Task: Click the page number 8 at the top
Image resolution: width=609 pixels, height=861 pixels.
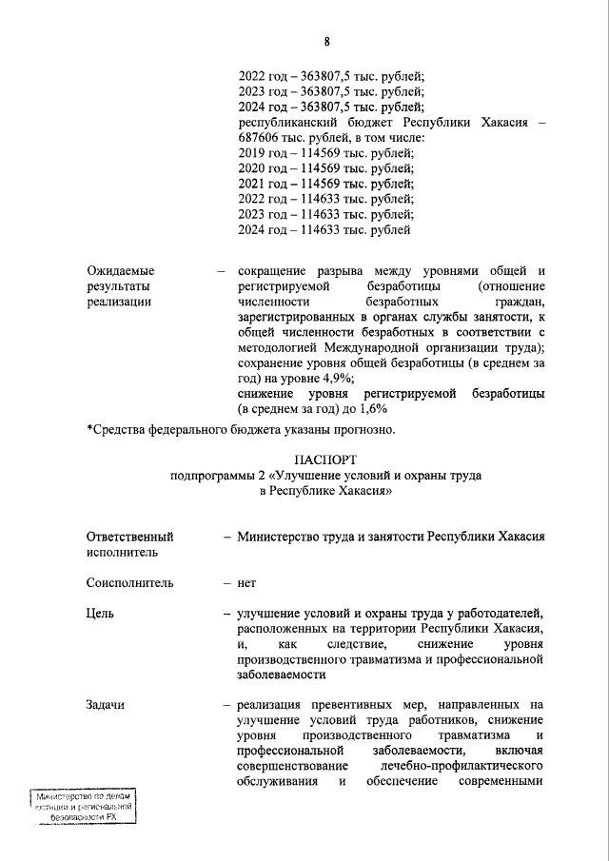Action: (x=326, y=42)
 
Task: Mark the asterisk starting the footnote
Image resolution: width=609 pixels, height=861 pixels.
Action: (x=89, y=429)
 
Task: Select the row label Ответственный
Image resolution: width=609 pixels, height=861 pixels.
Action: (x=129, y=537)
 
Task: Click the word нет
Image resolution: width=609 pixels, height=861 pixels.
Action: (x=246, y=582)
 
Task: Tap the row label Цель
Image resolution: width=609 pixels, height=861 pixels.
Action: (x=100, y=614)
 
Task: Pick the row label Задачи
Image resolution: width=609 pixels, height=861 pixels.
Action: (x=105, y=705)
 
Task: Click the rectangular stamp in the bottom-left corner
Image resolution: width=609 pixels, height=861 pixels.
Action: (x=81, y=807)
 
